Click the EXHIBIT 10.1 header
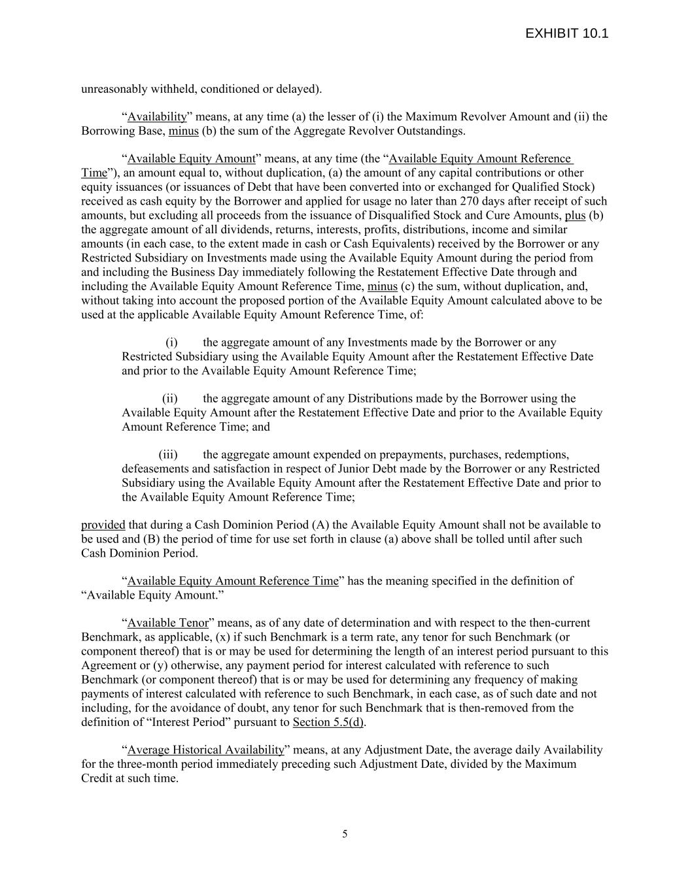pos(566,33)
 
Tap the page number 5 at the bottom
pos(345,833)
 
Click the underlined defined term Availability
pos(157,117)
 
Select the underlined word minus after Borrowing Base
pos(183,131)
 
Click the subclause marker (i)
pos(171,342)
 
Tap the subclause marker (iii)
pos(168,455)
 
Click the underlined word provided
pos(103,525)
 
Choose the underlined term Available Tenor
pos(168,623)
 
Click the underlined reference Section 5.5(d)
pos(329,722)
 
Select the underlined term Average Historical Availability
pos(206,750)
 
